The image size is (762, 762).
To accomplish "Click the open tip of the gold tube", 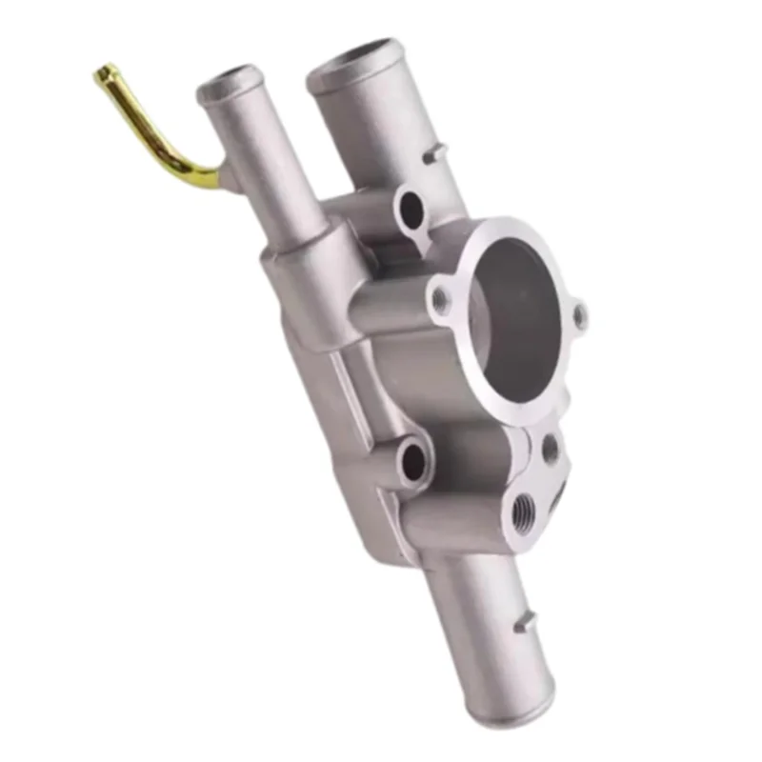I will (x=104, y=72).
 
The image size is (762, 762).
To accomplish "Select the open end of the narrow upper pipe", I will (x=229, y=80).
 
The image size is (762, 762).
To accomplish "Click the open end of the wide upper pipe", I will (x=351, y=59).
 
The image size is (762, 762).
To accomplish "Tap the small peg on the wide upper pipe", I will (x=435, y=152).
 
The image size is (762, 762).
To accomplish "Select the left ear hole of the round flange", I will (x=440, y=301).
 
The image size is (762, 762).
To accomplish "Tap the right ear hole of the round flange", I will (x=579, y=314).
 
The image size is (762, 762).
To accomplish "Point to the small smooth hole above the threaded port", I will (x=550, y=449).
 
